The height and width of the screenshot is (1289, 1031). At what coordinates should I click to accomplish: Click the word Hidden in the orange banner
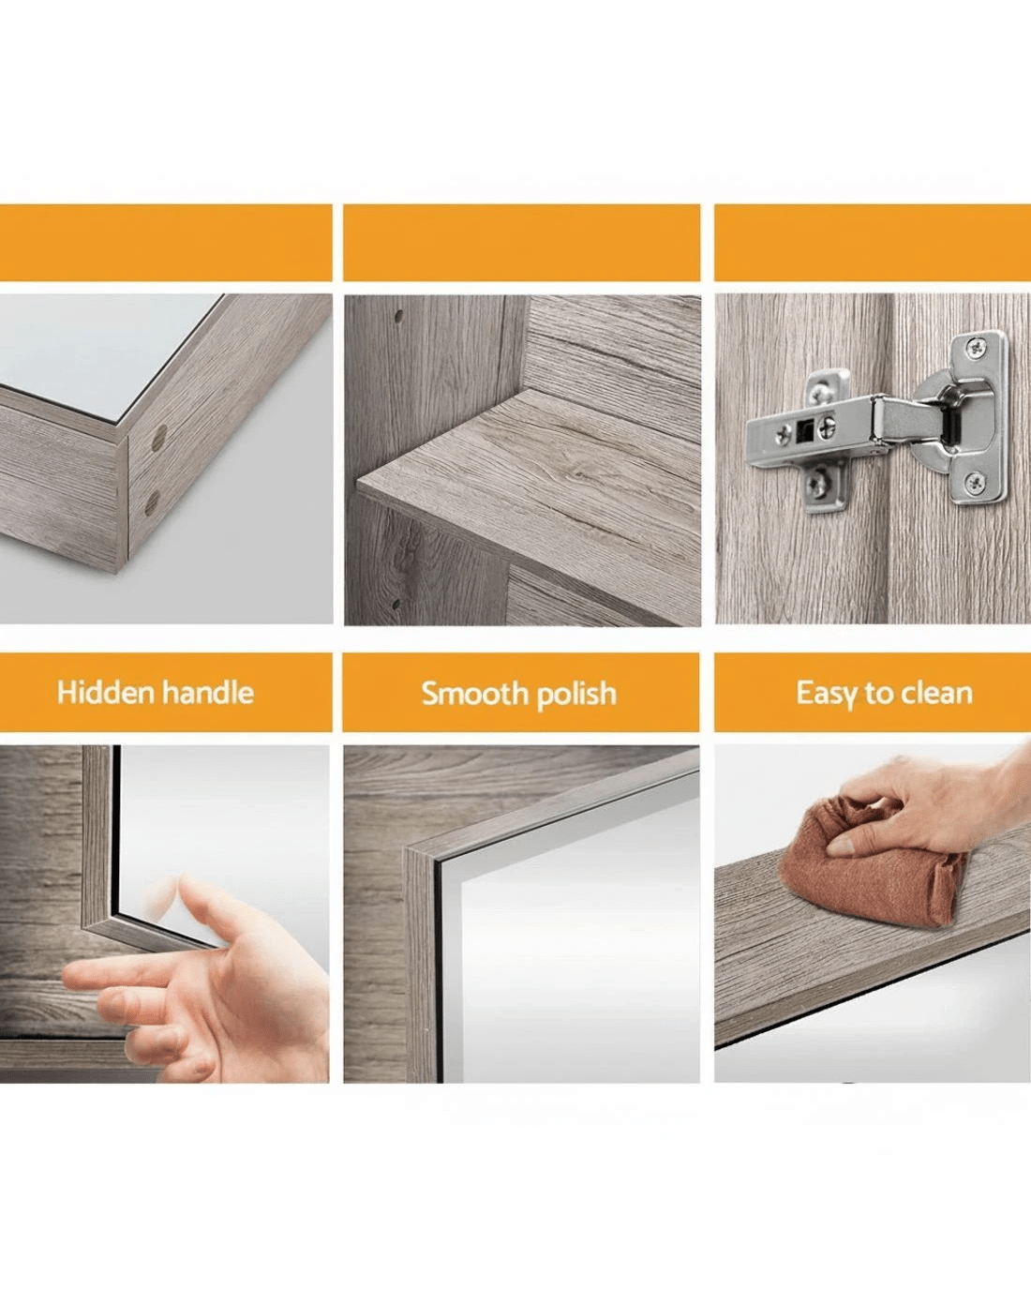105,693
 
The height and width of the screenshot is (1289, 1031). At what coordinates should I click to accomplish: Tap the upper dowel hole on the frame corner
158,438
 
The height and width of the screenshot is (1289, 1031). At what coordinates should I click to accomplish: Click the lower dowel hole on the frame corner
152,502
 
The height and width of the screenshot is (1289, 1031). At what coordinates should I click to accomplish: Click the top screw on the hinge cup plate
975,347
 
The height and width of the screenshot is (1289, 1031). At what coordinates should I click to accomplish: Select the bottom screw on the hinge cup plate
974,481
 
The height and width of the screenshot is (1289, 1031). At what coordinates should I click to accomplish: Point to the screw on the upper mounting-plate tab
819,392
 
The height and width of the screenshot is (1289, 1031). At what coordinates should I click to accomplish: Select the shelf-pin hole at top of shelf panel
398,317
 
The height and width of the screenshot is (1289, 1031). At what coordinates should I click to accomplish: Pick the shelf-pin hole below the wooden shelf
396,604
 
